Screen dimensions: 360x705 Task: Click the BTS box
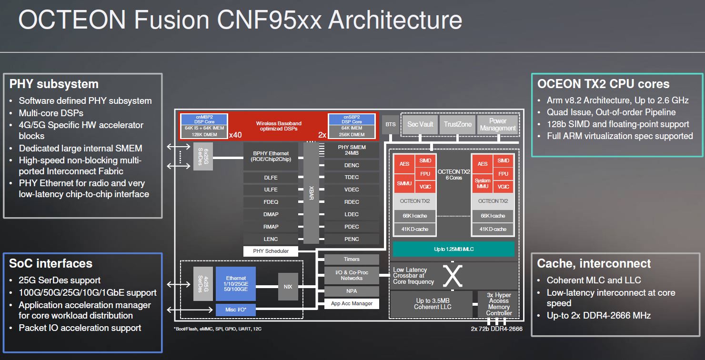[390, 124]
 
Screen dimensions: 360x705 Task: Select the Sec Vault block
[420, 124]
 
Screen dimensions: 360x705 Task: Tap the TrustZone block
[457, 124]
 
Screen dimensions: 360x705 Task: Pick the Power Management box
[497, 124]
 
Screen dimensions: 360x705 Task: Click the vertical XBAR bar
[311, 193]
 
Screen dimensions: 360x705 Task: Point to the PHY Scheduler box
[271, 251]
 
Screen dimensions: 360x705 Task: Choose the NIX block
[288, 287]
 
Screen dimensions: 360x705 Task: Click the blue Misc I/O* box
[236, 310]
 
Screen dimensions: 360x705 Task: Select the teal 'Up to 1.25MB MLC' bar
[453, 249]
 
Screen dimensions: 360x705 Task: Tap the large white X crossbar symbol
[453, 276]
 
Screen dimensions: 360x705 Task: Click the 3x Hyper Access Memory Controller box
[499, 304]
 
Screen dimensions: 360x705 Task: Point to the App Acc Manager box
[352, 303]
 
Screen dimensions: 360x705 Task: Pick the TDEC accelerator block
[352, 177]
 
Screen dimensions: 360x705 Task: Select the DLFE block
[271, 178]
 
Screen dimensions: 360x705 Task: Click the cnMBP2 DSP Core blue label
[205, 119]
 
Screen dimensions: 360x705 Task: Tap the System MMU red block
[482, 183]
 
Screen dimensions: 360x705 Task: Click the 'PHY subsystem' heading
[54, 84]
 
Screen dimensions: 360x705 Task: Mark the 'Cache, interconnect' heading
[594, 263]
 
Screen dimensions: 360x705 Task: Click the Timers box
[352, 260]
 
